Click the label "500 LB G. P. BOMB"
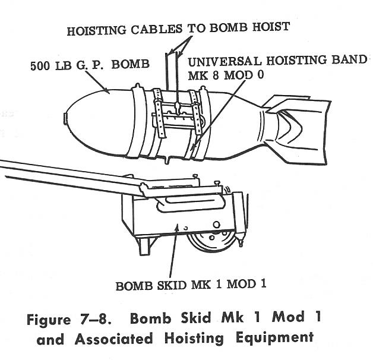coord(90,65)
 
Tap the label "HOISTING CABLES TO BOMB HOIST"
coord(178,29)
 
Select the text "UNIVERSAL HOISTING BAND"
coord(277,61)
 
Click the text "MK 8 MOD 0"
coord(226,75)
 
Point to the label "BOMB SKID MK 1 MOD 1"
coord(191,285)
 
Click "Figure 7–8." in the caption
coord(69,319)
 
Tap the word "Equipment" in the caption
coord(274,338)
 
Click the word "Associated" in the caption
coord(113,339)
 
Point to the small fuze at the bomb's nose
coord(65,118)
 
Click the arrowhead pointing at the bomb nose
coord(106,91)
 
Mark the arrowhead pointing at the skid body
coord(177,228)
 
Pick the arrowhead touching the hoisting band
coord(193,147)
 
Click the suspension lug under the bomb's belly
coord(169,159)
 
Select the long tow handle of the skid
coord(71,176)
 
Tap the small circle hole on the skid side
coord(216,225)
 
